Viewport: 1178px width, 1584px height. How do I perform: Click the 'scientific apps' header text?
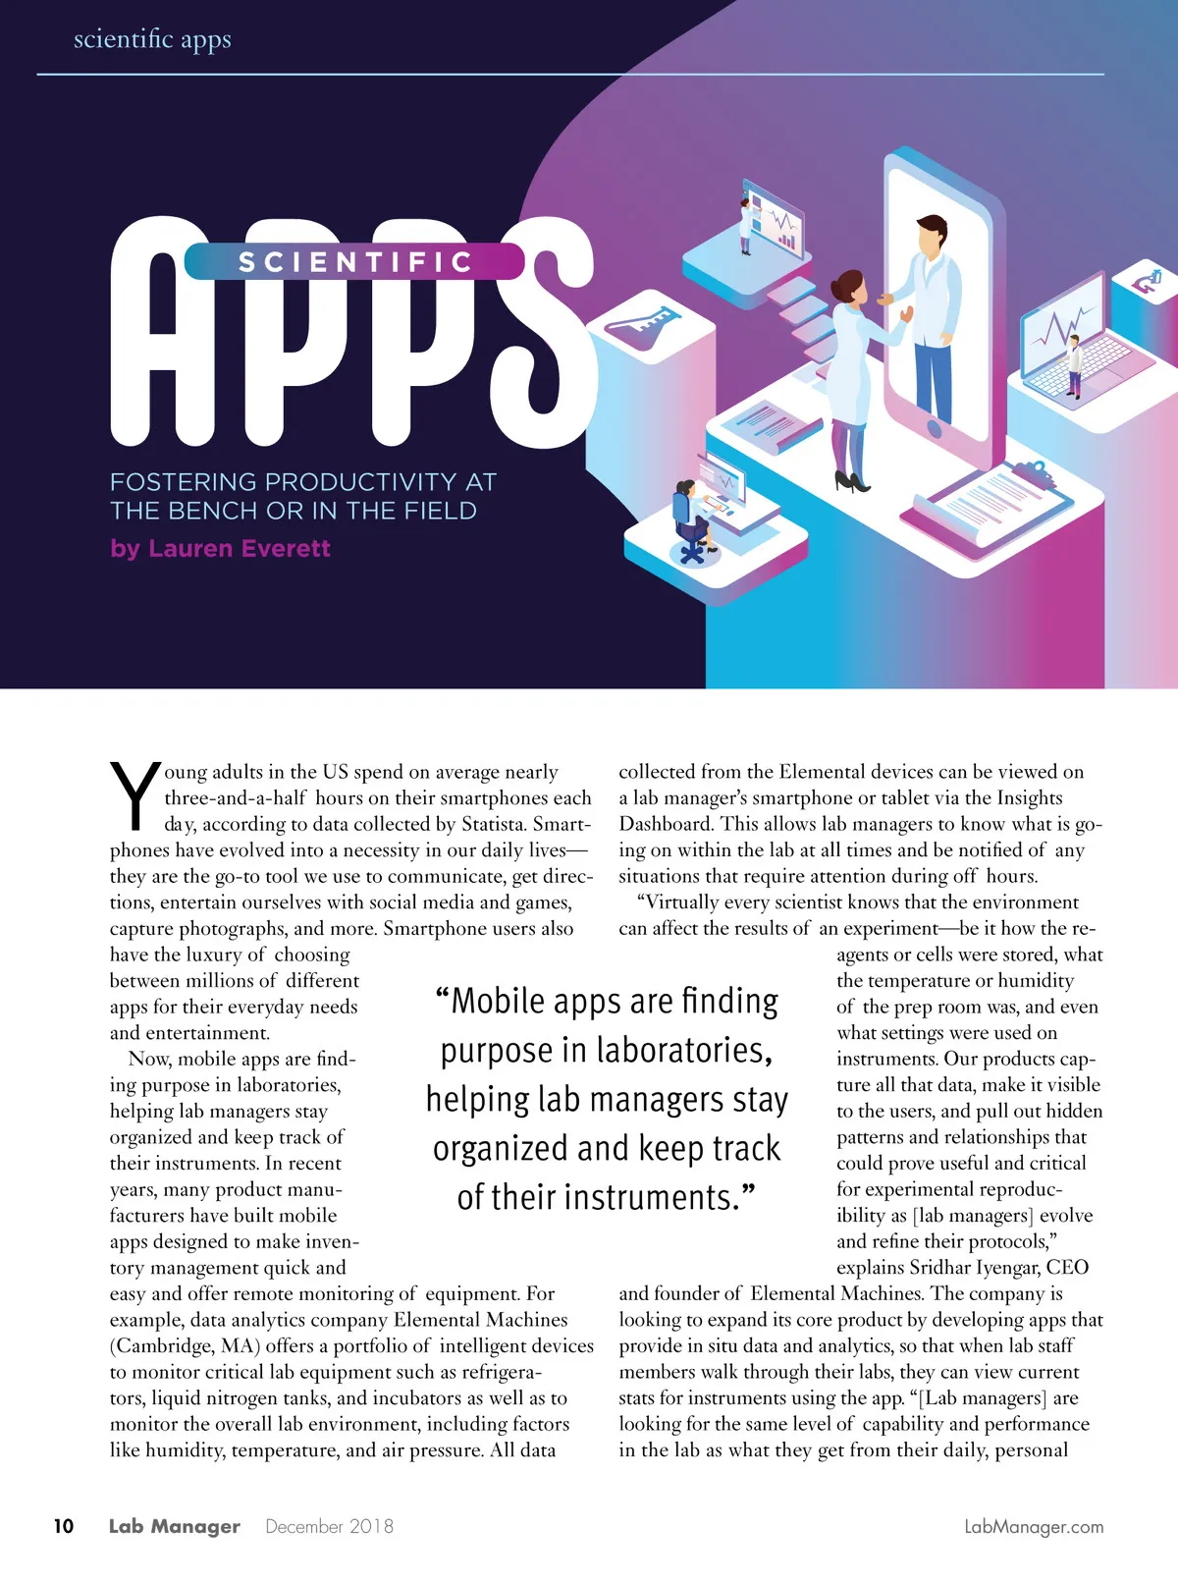tap(152, 39)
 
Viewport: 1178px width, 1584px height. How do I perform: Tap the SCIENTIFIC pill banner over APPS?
tap(354, 262)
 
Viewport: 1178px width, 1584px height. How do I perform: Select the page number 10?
tap(64, 1526)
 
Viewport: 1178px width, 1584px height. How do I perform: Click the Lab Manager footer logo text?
tap(175, 1526)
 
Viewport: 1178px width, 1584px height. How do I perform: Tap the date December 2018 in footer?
tap(329, 1526)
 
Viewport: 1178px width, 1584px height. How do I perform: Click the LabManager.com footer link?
tap(1034, 1526)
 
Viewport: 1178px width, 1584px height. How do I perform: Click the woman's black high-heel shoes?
tap(852, 480)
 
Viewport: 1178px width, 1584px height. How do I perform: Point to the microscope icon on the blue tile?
tap(1149, 282)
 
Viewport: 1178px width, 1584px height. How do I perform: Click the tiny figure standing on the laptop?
tap(1075, 364)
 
